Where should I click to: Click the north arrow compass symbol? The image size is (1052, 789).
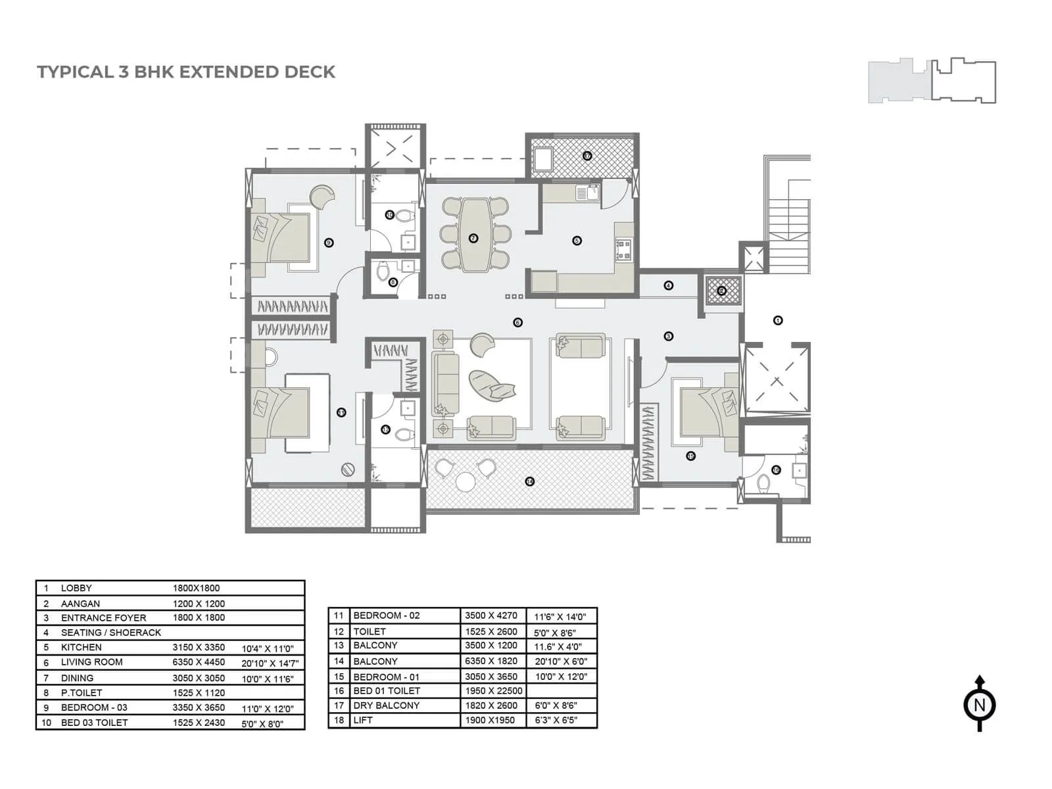coord(979,705)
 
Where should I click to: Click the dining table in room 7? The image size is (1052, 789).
coord(473,235)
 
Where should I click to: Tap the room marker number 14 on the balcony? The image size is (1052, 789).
coord(530,481)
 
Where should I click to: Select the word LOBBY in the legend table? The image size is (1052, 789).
coord(76,588)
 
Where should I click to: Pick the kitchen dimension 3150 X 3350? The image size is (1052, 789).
coord(199,647)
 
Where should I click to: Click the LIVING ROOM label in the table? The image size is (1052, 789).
coord(91,662)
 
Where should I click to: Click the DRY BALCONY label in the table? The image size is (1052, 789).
coord(386,705)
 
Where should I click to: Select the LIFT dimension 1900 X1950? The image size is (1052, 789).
coord(490,720)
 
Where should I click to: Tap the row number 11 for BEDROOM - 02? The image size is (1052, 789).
coord(339,616)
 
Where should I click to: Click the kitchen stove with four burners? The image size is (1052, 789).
coord(623,249)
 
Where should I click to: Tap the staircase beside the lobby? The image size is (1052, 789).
coord(788,224)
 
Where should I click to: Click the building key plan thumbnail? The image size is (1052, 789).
coord(932,81)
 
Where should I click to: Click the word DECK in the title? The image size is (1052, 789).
coord(310,72)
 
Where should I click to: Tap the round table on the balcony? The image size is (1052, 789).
coord(466,482)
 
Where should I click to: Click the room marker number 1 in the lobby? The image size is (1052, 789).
coord(778,321)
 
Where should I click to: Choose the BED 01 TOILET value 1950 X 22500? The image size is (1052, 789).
coord(493,690)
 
